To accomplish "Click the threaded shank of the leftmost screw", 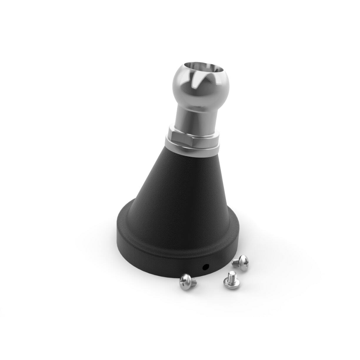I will click(x=193, y=280).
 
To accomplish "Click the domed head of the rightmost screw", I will click(x=243, y=259).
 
